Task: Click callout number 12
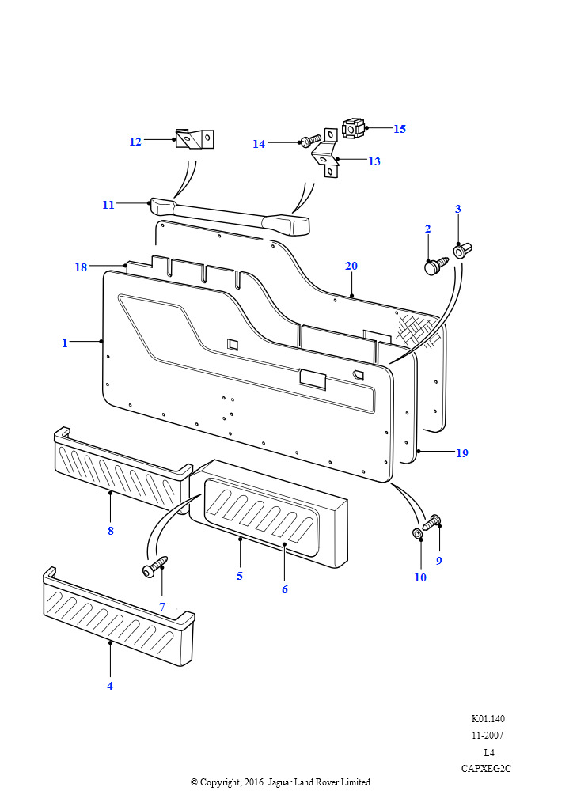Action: (135, 142)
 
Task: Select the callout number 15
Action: (400, 128)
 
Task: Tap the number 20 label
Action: (351, 266)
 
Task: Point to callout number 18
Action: (81, 267)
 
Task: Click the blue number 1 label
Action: (65, 343)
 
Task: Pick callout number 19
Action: (461, 453)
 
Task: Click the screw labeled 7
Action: (154, 566)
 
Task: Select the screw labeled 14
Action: (309, 141)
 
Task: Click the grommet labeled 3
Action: (461, 251)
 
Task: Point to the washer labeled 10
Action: (417, 532)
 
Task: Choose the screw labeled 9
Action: (432, 522)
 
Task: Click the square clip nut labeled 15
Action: (352, 127)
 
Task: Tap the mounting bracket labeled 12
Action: (195, 138)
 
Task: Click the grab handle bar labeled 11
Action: (230, 214)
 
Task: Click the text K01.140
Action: (488, 719)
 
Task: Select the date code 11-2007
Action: (488, 736)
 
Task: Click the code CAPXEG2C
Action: (487, 769)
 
